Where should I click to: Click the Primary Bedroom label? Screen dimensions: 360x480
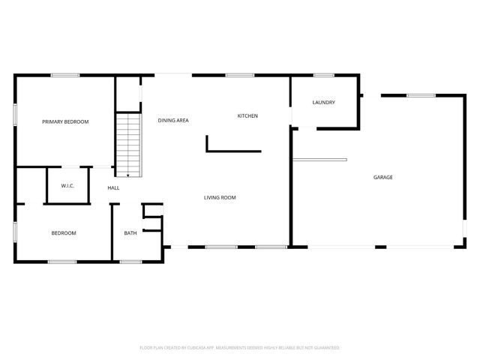(x=65, y=121)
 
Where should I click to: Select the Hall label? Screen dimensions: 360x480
(x=113, y=187)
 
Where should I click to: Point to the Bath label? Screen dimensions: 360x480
(x=130, y=233)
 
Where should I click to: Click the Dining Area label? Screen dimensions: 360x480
(x=172, y=120)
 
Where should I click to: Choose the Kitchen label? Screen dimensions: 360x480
(x=247, y=115)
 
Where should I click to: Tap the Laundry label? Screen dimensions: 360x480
(x=323, y=102)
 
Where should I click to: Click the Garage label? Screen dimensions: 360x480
(x=383, y=177)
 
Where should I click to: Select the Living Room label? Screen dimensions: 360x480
(x=220, y=198)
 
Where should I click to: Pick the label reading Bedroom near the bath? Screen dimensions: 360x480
(x=64, y=233)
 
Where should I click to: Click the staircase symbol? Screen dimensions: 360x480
(x=129, y=142)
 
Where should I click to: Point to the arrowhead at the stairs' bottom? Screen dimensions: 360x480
(x=129, y=175)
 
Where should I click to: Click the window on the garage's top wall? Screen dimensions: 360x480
(x=421, y=95)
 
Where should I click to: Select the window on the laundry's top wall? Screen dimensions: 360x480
(x=324, y=75)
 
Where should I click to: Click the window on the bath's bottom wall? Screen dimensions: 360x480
(x=131, y=261)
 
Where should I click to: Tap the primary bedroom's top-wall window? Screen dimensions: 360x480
(x=65, y=75)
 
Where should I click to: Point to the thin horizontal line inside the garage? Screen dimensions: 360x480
(x=319, y=159)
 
